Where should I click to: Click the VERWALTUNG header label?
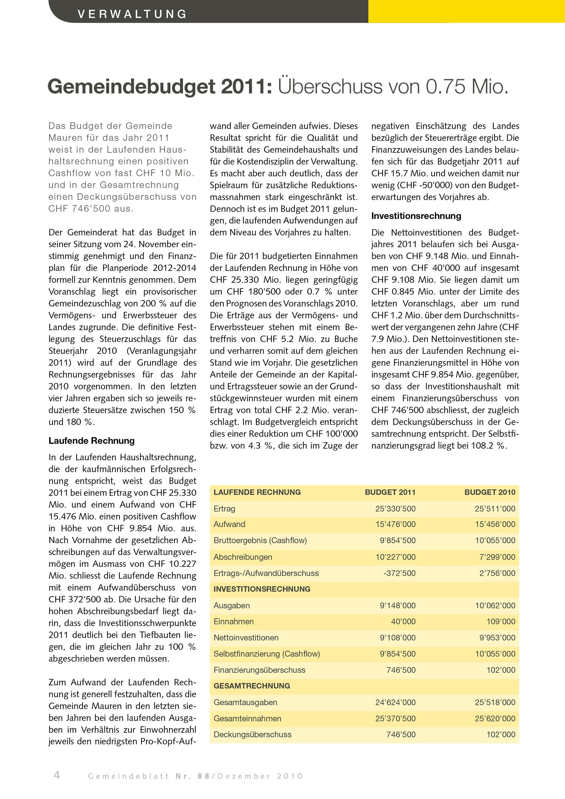[132, 14]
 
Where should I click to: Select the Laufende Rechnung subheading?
[92, 441]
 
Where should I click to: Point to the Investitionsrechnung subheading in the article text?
[416, 216]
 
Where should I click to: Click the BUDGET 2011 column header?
[390, 492]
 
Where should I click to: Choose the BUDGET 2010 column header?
[489, 492]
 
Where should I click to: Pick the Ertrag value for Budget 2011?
[395, 509]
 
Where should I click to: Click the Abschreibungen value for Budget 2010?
[497, 557]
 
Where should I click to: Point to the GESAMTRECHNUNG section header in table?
[252, 686]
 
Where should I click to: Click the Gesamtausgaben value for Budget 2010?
[495, 702]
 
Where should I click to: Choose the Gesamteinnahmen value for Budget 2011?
[395, 718]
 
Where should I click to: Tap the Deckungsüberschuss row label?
[252, 734]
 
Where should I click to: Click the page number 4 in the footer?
[57, 775]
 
